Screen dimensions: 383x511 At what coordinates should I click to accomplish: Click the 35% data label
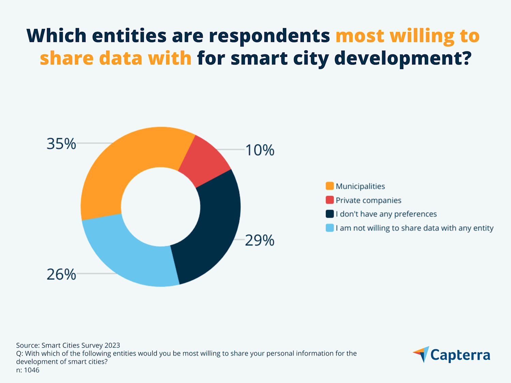[x=61, y=144]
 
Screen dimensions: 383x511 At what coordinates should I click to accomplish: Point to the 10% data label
[x=260, y=150]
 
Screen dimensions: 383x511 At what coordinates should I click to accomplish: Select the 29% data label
[x=260, y=240]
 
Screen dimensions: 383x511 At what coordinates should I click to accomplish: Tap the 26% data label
[x=61, y=274]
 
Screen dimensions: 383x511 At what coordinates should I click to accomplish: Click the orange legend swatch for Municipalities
[x=329, y=186]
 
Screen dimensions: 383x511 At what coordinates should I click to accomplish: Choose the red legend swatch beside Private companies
[x=329, y=200]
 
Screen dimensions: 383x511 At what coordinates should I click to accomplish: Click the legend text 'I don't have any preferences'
[x=386, y=214]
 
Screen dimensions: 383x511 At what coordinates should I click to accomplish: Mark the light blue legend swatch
[x=329, y=228]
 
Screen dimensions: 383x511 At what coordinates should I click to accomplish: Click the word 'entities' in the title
[x=129, y=36]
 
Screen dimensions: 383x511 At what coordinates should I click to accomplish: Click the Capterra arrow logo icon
[x=422, y=354]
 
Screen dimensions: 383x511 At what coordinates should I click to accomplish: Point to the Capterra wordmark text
[x=460, y=355]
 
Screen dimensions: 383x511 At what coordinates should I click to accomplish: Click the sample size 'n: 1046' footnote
[x=28, y=370]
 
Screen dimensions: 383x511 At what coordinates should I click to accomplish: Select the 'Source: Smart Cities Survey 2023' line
[x=68, y=345]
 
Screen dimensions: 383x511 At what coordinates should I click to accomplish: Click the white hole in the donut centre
[x=160, y=207]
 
